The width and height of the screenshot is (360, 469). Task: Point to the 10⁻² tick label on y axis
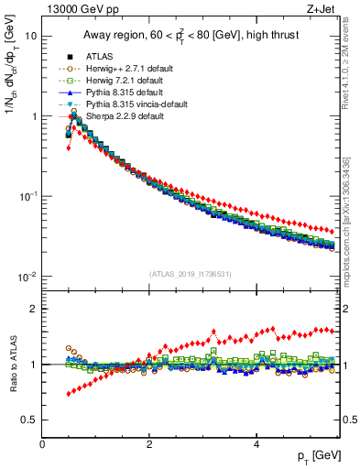[27, 277]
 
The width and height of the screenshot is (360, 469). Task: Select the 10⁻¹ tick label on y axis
[27, 196]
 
